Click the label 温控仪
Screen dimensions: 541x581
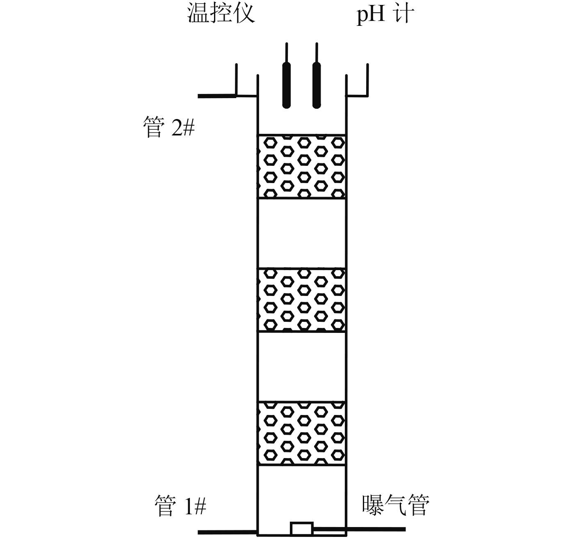coord(221,14)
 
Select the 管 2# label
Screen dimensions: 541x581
coord(169,127)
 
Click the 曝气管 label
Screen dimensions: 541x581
coord(395,505)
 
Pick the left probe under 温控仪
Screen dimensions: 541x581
coord(287,84)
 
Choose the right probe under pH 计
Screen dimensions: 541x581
coord(316,84)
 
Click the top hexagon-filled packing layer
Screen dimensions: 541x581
coord(301,166)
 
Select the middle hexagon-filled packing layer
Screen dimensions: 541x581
coord(301,300)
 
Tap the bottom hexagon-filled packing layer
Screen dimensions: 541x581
coord(301,433)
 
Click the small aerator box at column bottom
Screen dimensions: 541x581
coord(302,528)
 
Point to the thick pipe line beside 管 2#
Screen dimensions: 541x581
coord(216,96)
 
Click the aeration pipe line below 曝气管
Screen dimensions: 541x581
coord(375,530)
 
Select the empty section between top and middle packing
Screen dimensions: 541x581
coord(301,233)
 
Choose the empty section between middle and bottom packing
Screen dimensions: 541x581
coord(301,366)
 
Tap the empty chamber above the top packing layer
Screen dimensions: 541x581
coord(301,119)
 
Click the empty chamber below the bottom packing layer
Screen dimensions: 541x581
coord(301,493)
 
